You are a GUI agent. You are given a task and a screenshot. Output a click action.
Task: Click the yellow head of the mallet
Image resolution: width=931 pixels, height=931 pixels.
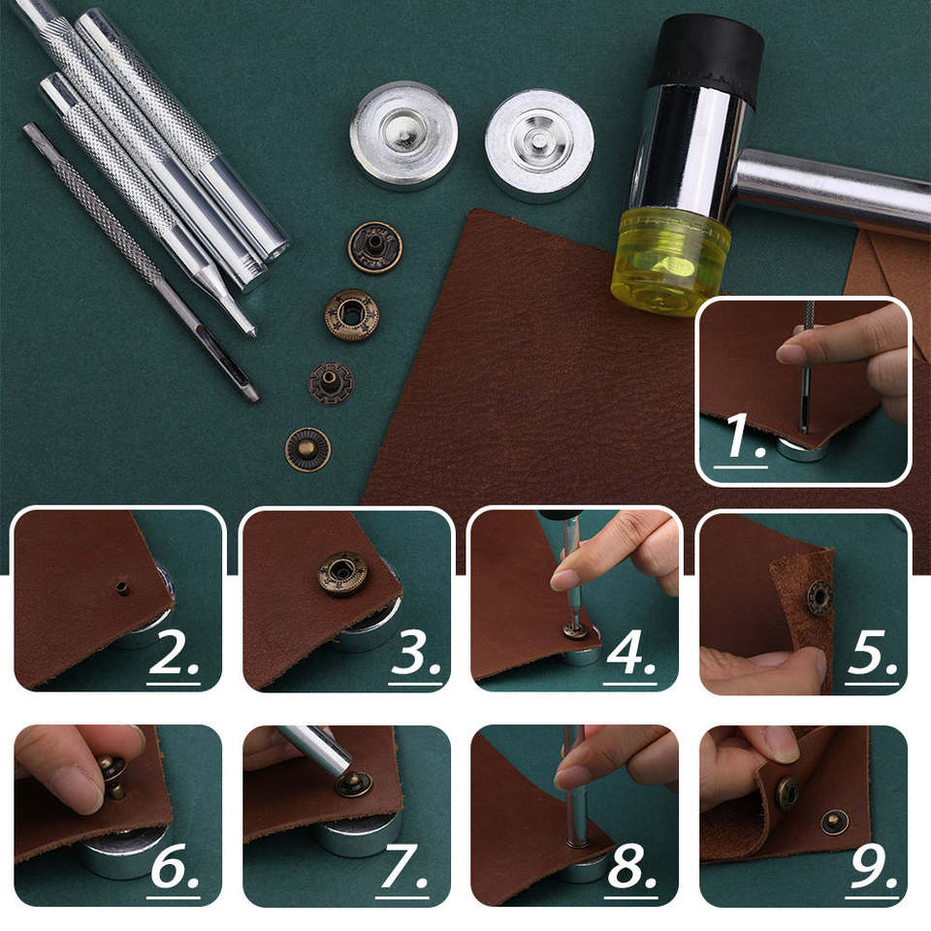click(671, 261)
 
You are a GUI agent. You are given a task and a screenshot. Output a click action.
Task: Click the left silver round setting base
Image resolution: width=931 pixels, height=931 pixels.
click(403, 136)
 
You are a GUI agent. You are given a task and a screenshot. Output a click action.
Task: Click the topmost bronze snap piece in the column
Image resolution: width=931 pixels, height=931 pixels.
click(374, 247)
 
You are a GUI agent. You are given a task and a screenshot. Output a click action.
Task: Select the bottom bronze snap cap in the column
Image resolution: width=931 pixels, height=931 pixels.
click(307, 449)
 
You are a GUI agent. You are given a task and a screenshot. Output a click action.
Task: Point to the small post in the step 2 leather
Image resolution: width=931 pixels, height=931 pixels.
click(122, 589)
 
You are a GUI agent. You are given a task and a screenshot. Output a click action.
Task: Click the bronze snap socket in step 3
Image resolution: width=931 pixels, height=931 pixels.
click(342, 573)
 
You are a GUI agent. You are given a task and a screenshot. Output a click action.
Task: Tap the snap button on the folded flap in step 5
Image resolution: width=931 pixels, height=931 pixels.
click(819, 598)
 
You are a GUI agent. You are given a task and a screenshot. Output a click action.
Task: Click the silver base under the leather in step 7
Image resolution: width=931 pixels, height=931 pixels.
click(356, 834)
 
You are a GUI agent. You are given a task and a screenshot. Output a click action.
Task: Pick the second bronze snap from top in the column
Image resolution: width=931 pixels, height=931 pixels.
click(351, 314)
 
